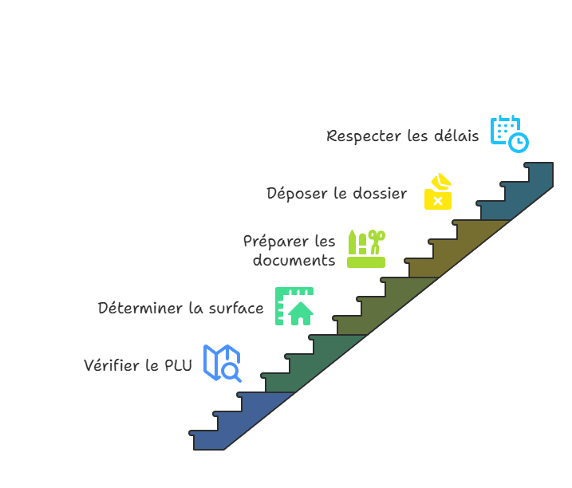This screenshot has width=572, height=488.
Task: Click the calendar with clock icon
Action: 509,133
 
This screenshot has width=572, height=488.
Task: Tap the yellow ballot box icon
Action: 437,192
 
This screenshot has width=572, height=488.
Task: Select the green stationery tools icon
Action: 366,248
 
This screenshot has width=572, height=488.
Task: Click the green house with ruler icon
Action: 294,306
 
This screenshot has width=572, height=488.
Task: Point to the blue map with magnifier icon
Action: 222,363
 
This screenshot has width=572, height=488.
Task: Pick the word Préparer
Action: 277,241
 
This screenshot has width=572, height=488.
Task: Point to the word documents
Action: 294,261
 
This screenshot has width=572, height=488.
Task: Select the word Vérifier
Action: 112,366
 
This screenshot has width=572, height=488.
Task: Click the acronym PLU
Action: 178,366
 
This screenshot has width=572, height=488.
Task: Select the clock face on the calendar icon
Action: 519,143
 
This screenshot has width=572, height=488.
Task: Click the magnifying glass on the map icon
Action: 231,372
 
